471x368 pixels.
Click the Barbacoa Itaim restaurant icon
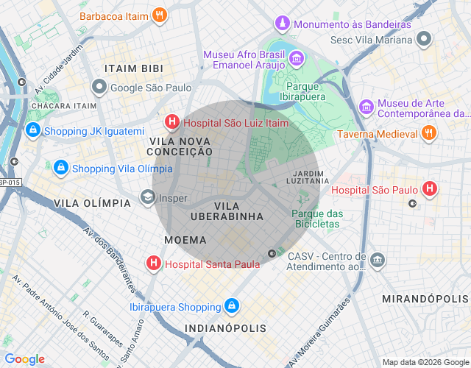[160, 15]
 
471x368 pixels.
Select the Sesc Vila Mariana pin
[423, 38]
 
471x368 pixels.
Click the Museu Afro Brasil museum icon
[296, 57]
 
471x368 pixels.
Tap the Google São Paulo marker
[99, 88]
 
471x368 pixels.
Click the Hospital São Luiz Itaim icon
[171, 123]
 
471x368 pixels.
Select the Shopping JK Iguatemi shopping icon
[32, 131]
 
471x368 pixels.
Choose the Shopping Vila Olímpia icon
[61, 168]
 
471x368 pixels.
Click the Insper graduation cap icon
[148, 197]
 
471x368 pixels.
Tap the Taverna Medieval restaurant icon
[429, 133]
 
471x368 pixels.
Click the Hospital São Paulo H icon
[431, 190]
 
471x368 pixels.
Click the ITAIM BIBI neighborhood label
[134, 68]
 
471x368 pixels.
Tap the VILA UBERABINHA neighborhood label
[227, 211]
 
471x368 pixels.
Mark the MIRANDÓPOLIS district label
[425, 299]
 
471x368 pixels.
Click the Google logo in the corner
[24, 359]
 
